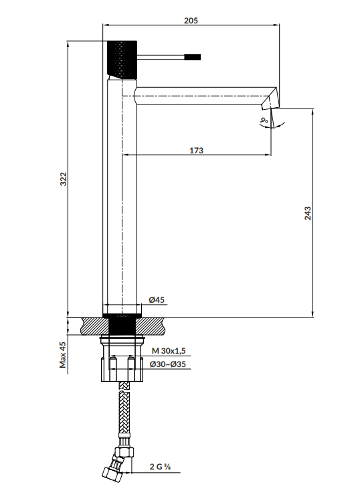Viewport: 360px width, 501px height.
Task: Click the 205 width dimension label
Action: pyautogui.click(x=191, y=21)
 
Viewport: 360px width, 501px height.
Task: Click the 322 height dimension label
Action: pyautogui.click(x=64, y=179)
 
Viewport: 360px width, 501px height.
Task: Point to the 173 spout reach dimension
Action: pyautogui.click(x=196, y=150)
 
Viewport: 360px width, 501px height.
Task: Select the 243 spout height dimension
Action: pyautogui.click(x=307, y=213)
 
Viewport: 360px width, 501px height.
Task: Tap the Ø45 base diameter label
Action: pyautogui.click(x=157, y=299)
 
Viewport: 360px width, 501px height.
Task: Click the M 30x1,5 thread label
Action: pyautogui.click(x=169, y=351)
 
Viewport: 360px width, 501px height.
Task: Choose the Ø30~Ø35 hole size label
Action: pyautogui.click(x=168, y=364)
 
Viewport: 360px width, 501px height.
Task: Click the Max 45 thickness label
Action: pyautogui.click(x=63, y=355)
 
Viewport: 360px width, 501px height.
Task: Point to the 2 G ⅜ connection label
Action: pyautogui.click(x=160, y=467)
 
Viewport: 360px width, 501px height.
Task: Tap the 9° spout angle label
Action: pyautogui.click(x=264, y=121)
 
